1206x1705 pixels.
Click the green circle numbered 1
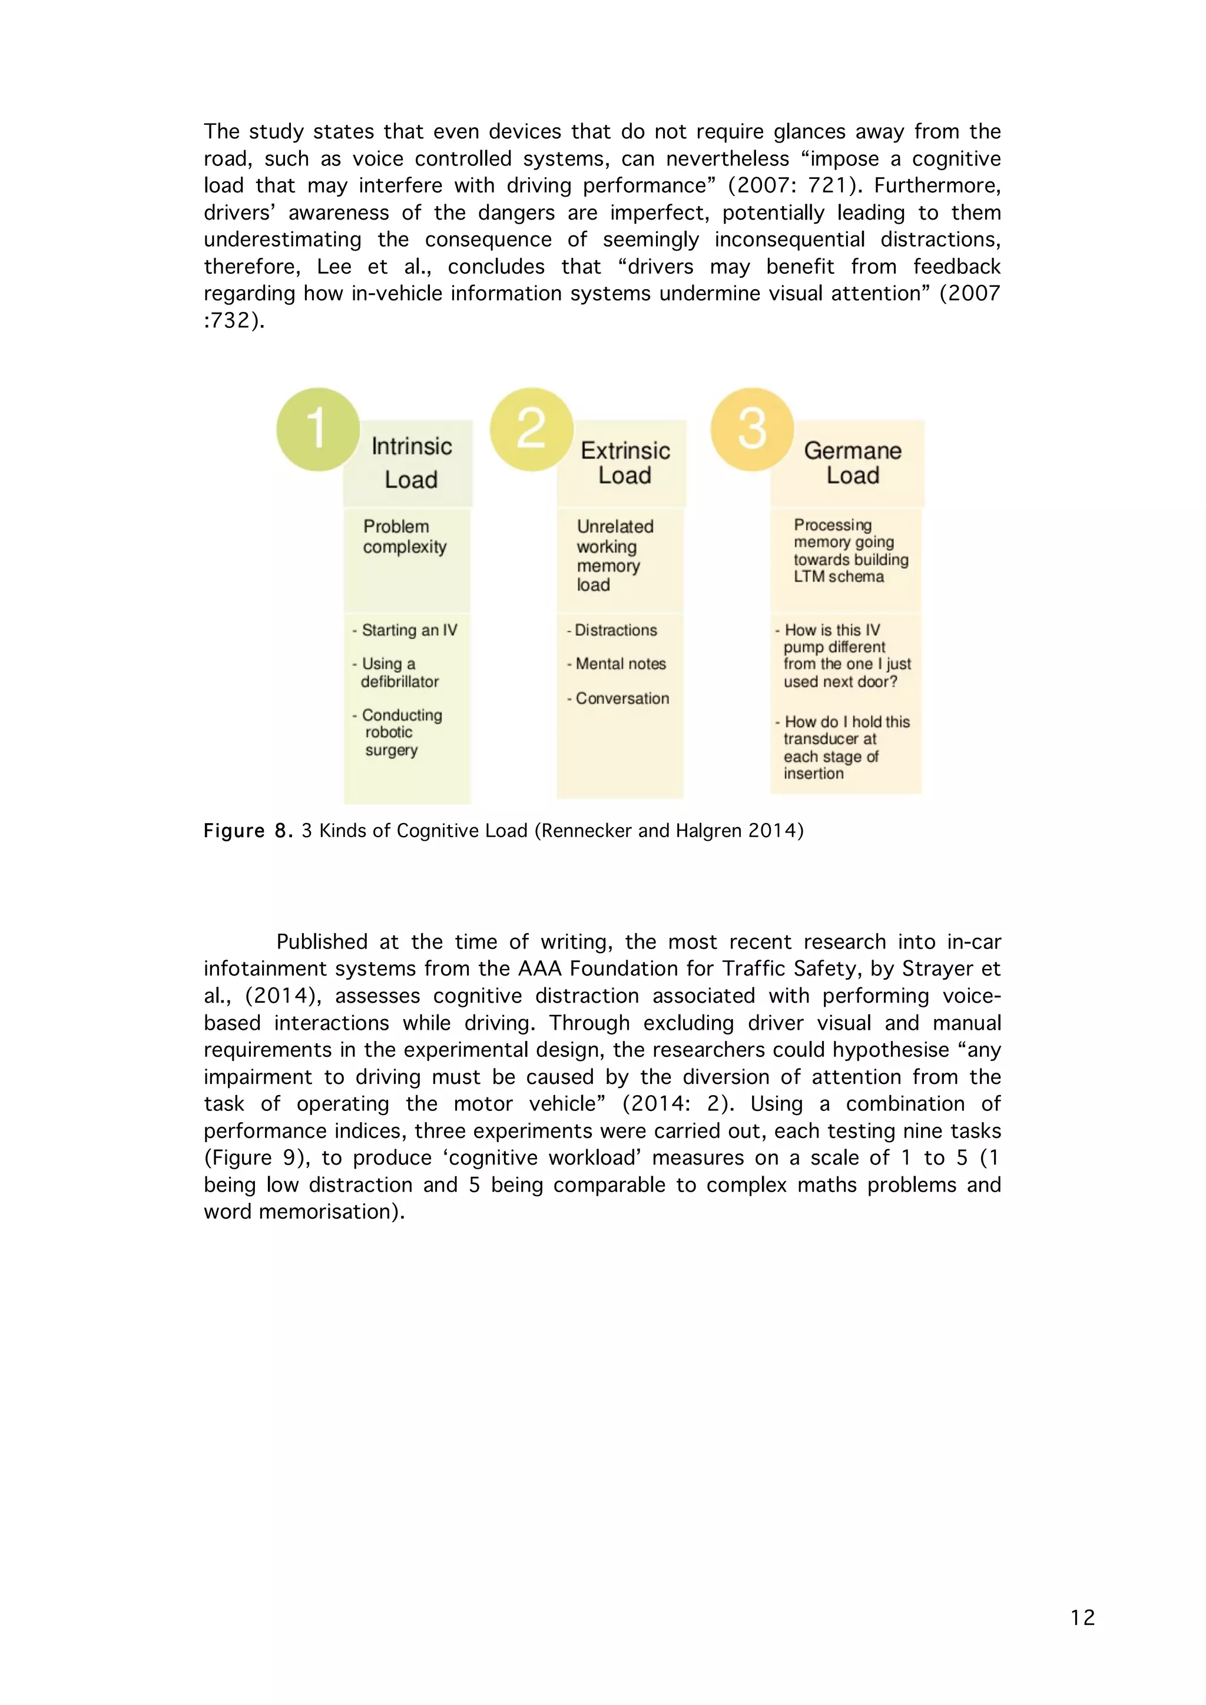tap(318, 429)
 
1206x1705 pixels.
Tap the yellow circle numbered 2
tap(531, 429)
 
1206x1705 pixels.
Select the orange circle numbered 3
tap(751, 429)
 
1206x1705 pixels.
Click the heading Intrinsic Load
tap(412, 463)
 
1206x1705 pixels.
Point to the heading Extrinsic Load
tap(625, 463)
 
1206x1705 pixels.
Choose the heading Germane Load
tap(853, 463)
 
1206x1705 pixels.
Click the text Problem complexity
tap(405, 536)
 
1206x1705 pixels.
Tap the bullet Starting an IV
tap(409, 631)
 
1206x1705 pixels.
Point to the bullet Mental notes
tap(620, 664)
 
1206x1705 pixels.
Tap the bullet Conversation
tap(622, 698)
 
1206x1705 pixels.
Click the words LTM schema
tap(839, 577)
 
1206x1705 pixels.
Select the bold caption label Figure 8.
tap(248, 830)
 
